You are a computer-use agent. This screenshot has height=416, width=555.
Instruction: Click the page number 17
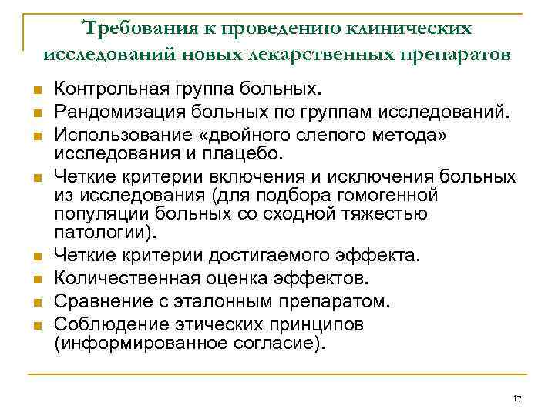coord(517,398)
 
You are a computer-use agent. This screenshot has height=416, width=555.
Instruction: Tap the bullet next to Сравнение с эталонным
coord(35,300)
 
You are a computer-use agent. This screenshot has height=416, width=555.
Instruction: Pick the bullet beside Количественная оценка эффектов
coord(35,277)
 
